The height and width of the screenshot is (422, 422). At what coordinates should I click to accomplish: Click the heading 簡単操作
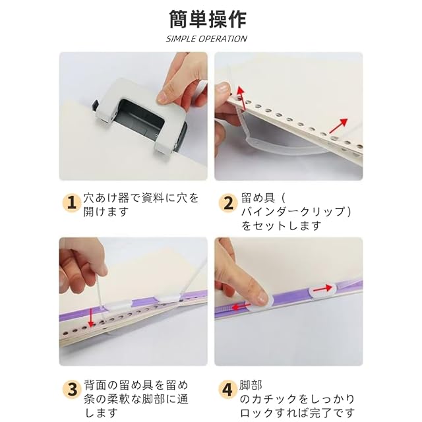[x=208, y=19]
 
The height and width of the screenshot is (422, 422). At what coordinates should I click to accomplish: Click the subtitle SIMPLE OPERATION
[x=206, y=39]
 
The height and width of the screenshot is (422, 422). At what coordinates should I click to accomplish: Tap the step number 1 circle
[x=71, y=202]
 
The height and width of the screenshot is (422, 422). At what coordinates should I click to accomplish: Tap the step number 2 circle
[x=228, y=202]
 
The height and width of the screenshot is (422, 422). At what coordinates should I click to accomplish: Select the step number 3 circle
[x=72, y=389]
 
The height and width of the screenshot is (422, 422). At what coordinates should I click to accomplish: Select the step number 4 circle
[x=227, y=389]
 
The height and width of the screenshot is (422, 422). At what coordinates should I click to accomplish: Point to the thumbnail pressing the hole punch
[x=165, y=96]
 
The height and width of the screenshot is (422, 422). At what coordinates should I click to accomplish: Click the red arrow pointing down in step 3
[x=91, y=317]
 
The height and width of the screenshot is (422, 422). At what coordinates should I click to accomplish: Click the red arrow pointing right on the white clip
[x=322, y=288]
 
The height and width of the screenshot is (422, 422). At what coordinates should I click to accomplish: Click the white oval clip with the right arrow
[x=322, y=290]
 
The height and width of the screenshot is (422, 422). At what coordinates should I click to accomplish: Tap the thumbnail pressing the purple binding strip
[x=262, y=299]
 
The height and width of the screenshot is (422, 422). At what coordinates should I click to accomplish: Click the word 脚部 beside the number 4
[x=251, y=385]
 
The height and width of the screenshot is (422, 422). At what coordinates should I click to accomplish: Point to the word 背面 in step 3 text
[x=95, y=385]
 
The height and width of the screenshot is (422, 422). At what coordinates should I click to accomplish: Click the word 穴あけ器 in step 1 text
[x=105, y=198]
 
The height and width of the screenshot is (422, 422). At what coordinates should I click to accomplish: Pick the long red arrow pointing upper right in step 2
[x=338, y=126]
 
